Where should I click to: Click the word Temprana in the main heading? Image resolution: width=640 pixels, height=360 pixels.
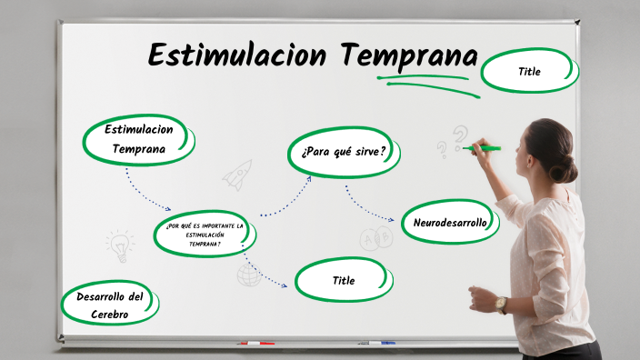[x=409, y=55]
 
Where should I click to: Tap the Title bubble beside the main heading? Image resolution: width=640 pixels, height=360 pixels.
[x=529, y=71]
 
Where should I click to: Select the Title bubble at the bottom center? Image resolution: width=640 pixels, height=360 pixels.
[x=344, y=280]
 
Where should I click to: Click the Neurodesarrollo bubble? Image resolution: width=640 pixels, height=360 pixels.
[x=450, y=222]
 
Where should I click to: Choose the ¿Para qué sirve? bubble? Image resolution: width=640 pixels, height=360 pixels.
[x=344, y=150]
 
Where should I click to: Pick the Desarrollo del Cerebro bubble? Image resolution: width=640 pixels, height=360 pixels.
[x=109, y=305]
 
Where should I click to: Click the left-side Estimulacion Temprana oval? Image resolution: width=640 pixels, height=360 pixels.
[x=139, y=139]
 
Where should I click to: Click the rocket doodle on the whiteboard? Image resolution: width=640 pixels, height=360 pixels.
[x=237, y=174]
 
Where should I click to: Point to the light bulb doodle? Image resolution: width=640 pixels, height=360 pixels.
[x=119, y=244]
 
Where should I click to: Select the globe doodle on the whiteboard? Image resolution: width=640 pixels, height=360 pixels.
[x=248, y=275]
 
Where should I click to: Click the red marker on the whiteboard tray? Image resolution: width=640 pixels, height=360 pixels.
[x=255, y=344]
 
